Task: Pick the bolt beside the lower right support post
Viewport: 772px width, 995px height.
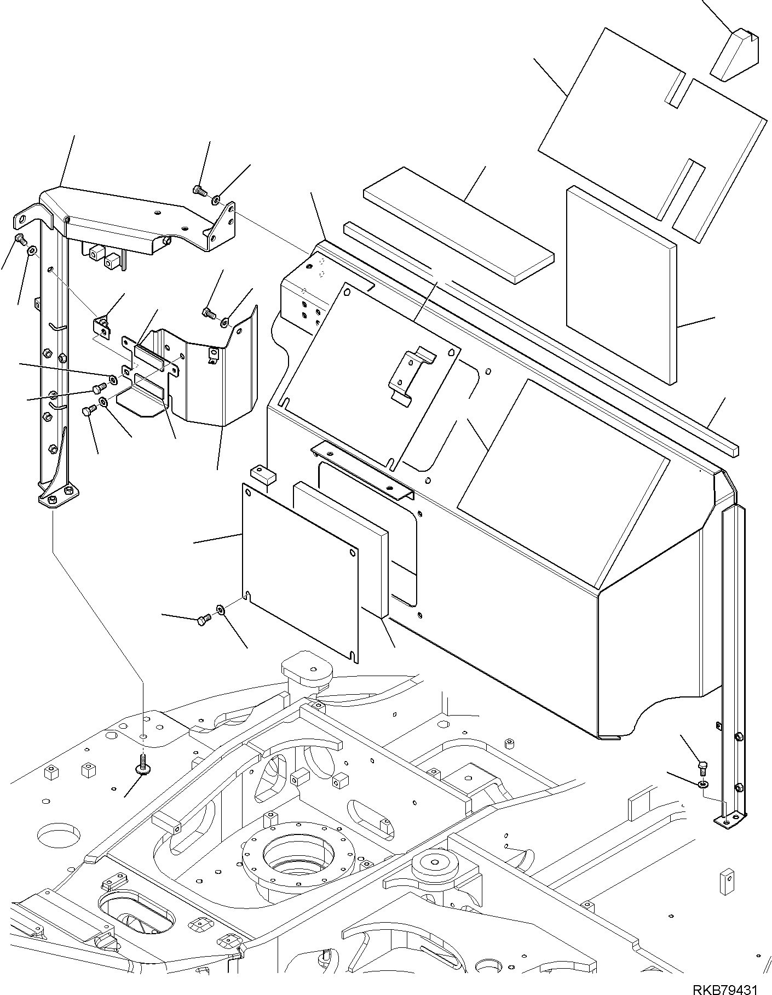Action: [704, 767]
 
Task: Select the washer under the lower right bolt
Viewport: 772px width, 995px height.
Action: [704, 785]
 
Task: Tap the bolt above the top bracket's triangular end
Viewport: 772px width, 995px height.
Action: [199, 191]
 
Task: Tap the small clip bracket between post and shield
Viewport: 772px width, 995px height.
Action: [102, 327]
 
